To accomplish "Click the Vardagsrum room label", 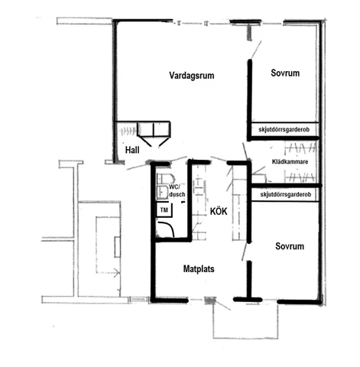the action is click(192, 76).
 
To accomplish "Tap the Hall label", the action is click(132, 150).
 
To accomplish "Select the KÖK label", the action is click(219, 211).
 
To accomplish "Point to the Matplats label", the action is click(199, 269).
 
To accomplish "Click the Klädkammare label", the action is click(290, 161).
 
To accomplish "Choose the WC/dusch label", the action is click(177, 190).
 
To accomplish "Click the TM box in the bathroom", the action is click(164, 210).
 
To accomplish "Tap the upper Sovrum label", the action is click(285, 73).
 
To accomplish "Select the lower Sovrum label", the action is click(290, 246).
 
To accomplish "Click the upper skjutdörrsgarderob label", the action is click(284, 129).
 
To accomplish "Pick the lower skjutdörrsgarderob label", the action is click(286, 194).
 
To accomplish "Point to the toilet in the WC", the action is click(166, 178).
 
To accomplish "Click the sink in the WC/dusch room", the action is click(163, 192).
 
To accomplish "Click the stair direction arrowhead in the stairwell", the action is click(118, 272).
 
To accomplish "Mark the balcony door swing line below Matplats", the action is click(222, 304).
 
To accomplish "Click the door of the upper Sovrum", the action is click(256, 50).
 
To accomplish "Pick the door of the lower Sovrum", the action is click(245, 251).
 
